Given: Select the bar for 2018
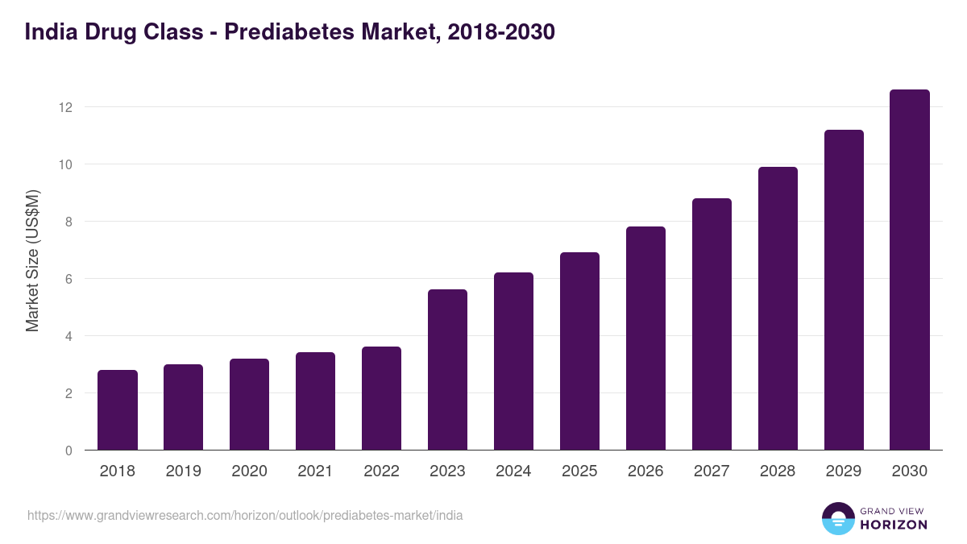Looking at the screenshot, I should [x=118, y=410].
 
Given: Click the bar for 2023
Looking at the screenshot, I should [x=447, y=370].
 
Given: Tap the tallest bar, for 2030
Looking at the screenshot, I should [x=909, y=270].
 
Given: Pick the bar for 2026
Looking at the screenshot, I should [x=645, y=338].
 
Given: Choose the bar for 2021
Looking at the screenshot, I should [x=315, y=401].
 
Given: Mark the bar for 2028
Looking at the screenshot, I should [x=778, y=309].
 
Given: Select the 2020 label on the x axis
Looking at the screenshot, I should [x=249, y=471].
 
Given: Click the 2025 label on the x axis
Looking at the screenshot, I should [x=579, y=471].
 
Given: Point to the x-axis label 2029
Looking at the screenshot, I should [x=844, y=471].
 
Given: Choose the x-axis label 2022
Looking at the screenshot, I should [x=381, y=471].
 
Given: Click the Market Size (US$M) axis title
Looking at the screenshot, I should [x=32, y=260].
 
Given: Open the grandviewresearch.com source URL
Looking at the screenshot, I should [x=245, y=515].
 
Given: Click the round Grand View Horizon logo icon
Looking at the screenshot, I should [x=837, y=518].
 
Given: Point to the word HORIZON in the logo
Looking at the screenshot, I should [x=894, y=525].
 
